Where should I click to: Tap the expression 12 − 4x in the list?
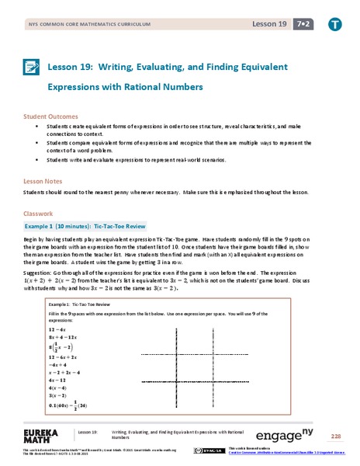tap(59, 329)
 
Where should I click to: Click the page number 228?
tap(335, 436)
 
